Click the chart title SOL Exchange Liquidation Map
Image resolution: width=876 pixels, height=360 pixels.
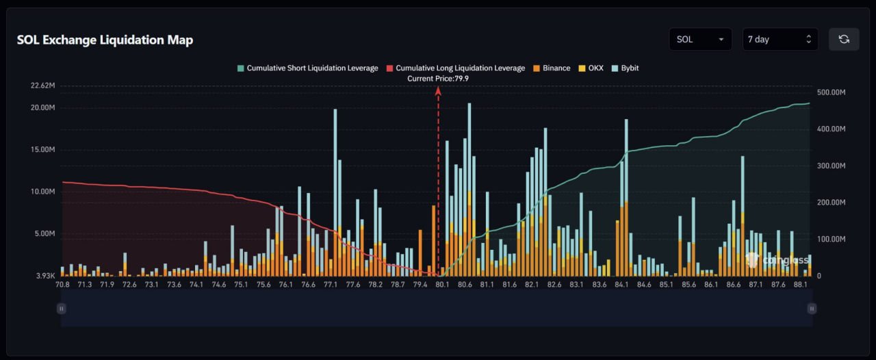[105, 40]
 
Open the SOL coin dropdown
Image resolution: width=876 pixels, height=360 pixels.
[700, 39]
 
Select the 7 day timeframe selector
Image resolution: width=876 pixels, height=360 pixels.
[780, 39]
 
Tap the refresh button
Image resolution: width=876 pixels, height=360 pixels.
[843, 39]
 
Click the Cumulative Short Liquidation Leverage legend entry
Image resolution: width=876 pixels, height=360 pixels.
[307, 68]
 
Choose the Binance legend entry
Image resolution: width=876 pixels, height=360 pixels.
[551, 68]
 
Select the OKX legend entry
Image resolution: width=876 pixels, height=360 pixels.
[591, 68]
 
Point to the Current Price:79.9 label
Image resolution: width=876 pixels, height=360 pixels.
[438, 79]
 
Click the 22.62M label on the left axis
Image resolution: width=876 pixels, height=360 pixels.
[42, 86]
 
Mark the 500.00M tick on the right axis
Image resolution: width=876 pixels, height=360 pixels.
[832, 92]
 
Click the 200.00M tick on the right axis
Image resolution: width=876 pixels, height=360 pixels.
[832, 203]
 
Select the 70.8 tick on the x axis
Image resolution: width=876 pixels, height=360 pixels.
[63, 285]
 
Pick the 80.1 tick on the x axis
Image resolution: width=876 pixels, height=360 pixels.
[442, 285]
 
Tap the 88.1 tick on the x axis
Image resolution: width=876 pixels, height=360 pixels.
[799, 285]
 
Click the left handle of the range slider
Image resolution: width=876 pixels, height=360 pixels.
[61, 309]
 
